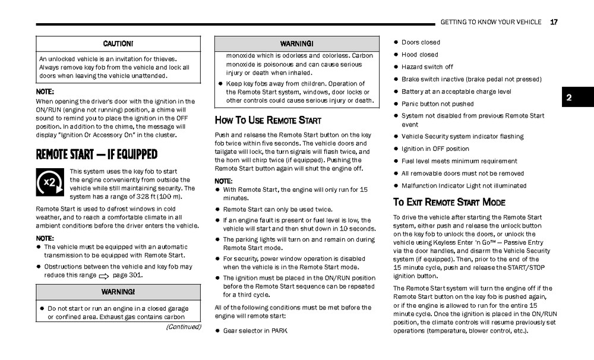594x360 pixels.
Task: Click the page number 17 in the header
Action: pyautogui.click(x=554, y=22)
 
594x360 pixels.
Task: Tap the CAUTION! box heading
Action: pyautogui.click(x=118, y=44)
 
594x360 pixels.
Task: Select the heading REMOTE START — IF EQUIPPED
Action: pyautogui.click(x=97, y=154)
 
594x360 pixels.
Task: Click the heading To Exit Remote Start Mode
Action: pyautogui.click(x=449, y=202)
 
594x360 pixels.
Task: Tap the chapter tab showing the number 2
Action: pyautogui.click(x=568, y=97)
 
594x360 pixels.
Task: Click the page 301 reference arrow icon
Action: pyautogui.click(x=104, y=276)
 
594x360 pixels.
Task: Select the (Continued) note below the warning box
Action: pyautogui.click(x=183, y=327)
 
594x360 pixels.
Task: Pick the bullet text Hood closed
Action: pyautogui.click(x=419, y=55)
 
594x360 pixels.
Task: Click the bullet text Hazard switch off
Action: pyautogui.click(x=426, y=67)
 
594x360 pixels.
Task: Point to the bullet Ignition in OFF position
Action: pyautogui.click(x=435, y=149)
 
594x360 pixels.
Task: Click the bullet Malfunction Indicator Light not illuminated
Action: pyautogui.click(x=463, y=185)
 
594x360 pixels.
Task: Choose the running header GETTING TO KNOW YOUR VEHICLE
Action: pyautogui.click(x=491, y=22)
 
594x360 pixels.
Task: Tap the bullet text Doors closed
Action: pyautogui.click(x=421, y=42)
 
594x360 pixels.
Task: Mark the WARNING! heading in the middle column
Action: pyautogui.click(x=296, y=44)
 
